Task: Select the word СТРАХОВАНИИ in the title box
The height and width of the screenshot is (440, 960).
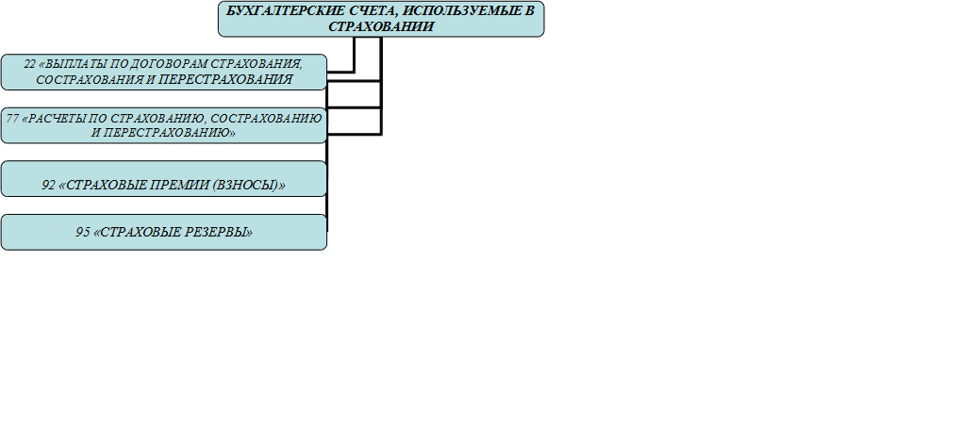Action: (381, 26)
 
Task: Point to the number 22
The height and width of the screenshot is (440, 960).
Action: (29, 64)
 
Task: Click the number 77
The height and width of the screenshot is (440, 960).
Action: (11, 118)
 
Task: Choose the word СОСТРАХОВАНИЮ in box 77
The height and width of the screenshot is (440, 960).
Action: (270, 118)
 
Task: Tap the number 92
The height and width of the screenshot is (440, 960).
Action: (48, 186)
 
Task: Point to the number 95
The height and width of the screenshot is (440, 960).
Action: (83, 233)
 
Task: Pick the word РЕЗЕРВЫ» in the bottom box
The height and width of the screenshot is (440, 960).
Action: (219, 233)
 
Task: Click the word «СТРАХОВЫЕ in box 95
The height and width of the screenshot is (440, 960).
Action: (138, 233)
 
